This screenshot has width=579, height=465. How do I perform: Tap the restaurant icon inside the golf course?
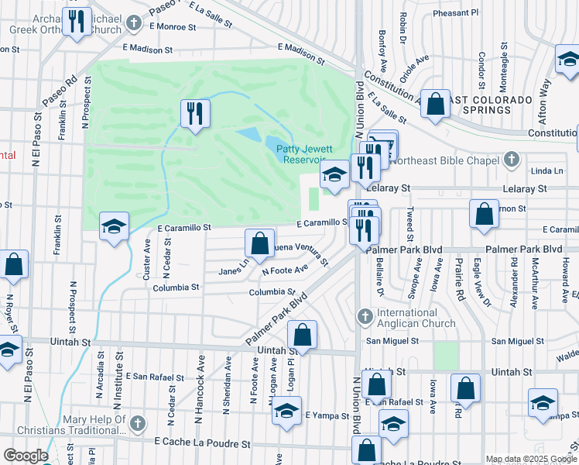(x=195, y=113)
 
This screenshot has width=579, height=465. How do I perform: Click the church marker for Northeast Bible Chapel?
(x=509, y=160)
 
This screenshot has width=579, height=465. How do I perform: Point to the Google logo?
(x=25, y=456)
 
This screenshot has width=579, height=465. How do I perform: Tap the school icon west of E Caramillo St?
(x=114, y=226)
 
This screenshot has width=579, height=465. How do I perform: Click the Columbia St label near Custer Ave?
(x=176, y=287)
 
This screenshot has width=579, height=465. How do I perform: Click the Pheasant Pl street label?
(x=456, y=13)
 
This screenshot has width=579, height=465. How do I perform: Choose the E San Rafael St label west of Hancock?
(x=157, y=377)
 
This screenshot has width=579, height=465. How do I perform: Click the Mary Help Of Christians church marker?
(x=137, y=423)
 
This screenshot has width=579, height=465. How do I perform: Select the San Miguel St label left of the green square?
(x=392, y=340)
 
